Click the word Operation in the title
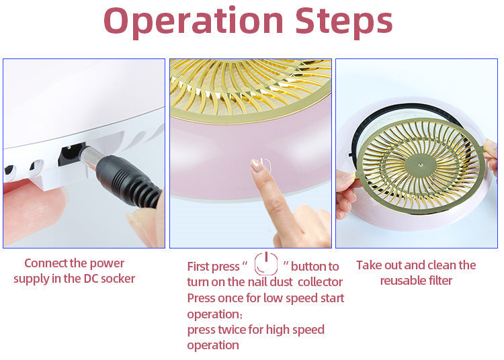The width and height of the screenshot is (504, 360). click(193, 21)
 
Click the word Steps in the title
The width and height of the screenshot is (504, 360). click(343, 20)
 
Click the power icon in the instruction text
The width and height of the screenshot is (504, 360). click(266, 264)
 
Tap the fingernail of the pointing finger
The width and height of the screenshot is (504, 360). click(257, 166)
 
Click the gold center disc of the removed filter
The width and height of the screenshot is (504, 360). click(421, 165)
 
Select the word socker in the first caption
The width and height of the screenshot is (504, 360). click(120, 279)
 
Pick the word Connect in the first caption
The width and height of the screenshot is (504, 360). click(42, 263)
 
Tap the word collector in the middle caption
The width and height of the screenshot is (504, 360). click(320, 282)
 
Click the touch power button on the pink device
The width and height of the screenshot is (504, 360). click(265, 165)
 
